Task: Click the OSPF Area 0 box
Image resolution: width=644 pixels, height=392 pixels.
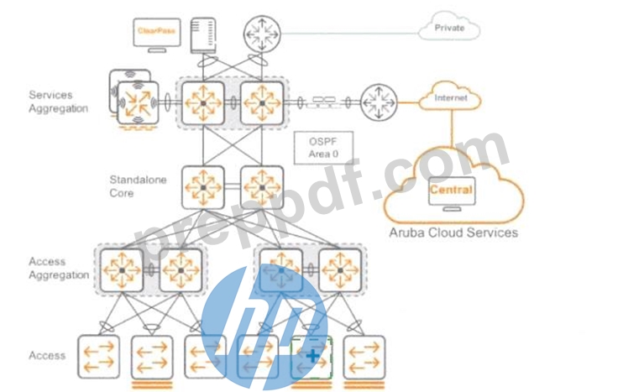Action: (323, 148)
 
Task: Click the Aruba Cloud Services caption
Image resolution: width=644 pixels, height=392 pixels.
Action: (453, 233)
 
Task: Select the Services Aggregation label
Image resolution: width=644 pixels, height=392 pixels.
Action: (58, 102)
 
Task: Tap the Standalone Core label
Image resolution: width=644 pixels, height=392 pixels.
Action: (138, 186)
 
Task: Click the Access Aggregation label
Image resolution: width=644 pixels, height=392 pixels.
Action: (59, 268)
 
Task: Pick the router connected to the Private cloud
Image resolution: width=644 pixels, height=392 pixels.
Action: (262, 34)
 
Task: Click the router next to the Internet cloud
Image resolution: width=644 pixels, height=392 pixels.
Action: (379, 102)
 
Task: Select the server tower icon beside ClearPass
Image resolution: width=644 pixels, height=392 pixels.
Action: (203, 35)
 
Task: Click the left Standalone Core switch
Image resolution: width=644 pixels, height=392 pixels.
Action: (203, 187)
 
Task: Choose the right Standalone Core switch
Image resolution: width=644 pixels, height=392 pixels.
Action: (262, 187)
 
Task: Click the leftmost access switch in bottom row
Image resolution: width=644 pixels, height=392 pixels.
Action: (98, 357)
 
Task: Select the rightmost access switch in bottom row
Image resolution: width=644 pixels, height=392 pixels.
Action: (364, 357)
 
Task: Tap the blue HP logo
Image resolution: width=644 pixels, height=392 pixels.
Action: (265, 327)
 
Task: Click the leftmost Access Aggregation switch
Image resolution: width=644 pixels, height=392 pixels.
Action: (122, 270)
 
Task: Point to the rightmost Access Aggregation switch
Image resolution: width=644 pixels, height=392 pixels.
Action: (340, 270)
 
